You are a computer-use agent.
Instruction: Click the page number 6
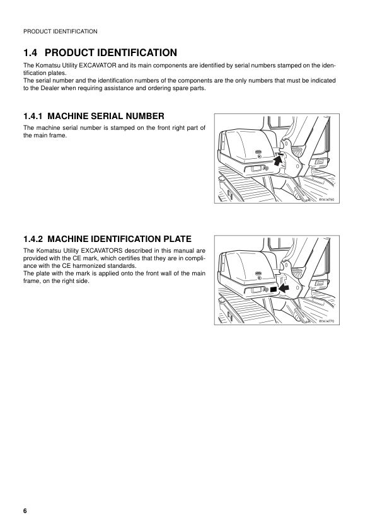[x=25, y=510]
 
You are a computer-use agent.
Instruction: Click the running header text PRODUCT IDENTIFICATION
[x=60, y=31]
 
